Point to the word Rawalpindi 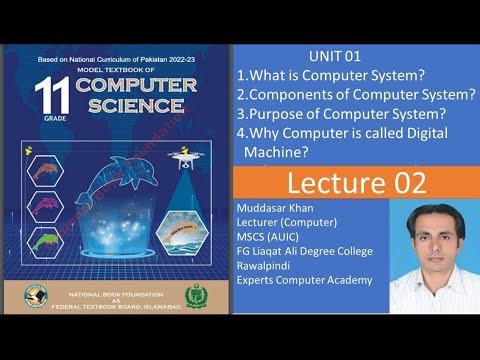coord(265,265)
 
